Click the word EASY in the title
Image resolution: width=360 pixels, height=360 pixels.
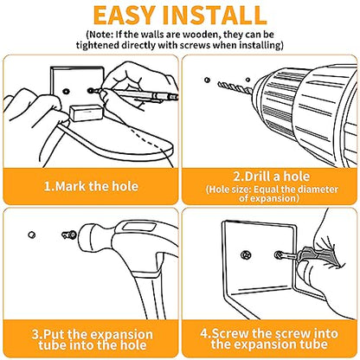[125, 15]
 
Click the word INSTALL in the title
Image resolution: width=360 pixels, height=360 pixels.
[215, 15]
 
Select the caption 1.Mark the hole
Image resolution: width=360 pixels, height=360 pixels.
[91, 186]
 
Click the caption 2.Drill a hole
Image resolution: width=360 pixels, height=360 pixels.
[272, 177]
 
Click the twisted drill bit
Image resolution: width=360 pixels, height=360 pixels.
[235, 87]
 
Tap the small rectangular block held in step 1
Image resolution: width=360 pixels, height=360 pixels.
[87, 112]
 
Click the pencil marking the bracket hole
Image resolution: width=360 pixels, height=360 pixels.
[135, 93]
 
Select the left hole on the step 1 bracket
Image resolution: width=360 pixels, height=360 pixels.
[66, 92]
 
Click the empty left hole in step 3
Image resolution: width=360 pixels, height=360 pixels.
[32, 235]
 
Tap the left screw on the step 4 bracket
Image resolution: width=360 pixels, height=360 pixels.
[246, 255]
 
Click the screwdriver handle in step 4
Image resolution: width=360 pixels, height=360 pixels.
[318, 257]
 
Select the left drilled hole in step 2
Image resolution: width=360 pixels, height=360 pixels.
[207, 80]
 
